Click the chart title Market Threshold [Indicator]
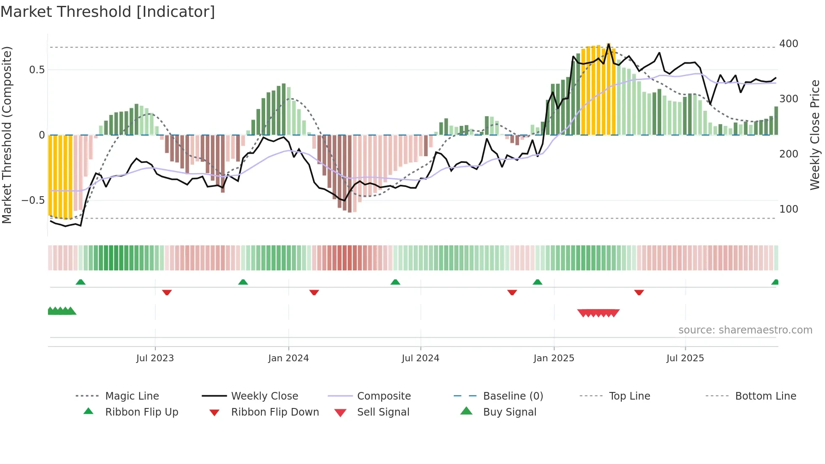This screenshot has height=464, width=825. (108, 12)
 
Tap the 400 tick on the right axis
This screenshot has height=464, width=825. (788, 44)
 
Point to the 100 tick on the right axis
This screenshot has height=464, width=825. (788, 209)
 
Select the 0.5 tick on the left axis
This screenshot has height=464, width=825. (37, 70)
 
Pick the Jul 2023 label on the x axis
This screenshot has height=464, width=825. (155, 358)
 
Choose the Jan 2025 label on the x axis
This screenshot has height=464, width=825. (554, 358)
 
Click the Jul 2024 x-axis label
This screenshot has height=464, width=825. (420, 358)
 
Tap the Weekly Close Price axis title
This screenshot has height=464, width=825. (815, 135)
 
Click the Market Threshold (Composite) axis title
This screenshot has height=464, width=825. (7, 135)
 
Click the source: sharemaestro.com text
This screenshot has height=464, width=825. (745, 330)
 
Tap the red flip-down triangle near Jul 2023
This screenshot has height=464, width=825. (167, 292)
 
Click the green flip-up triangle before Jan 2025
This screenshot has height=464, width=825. (538, 282)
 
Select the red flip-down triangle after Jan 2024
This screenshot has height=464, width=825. (314, 292)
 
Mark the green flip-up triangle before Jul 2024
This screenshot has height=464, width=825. (395, 282)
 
